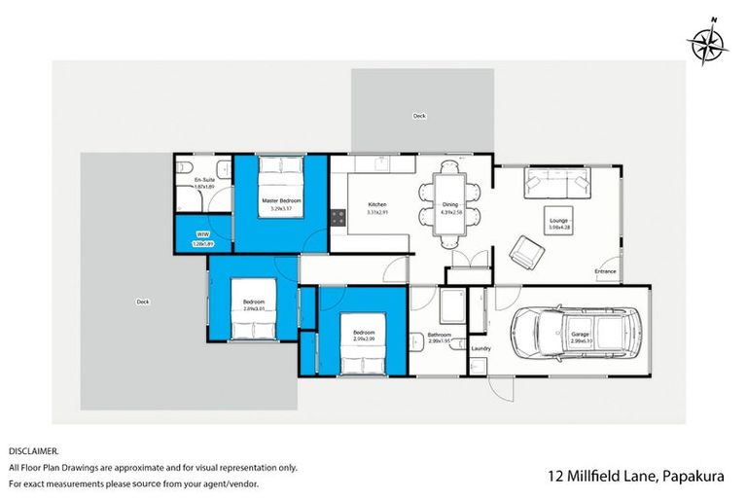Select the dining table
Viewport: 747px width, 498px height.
pos(448,202)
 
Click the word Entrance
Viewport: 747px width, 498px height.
pos(607,270)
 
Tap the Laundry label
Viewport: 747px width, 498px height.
pos(480,348)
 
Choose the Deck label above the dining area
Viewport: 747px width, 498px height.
pos(419,116)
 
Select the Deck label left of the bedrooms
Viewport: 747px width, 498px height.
pos(143,302)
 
